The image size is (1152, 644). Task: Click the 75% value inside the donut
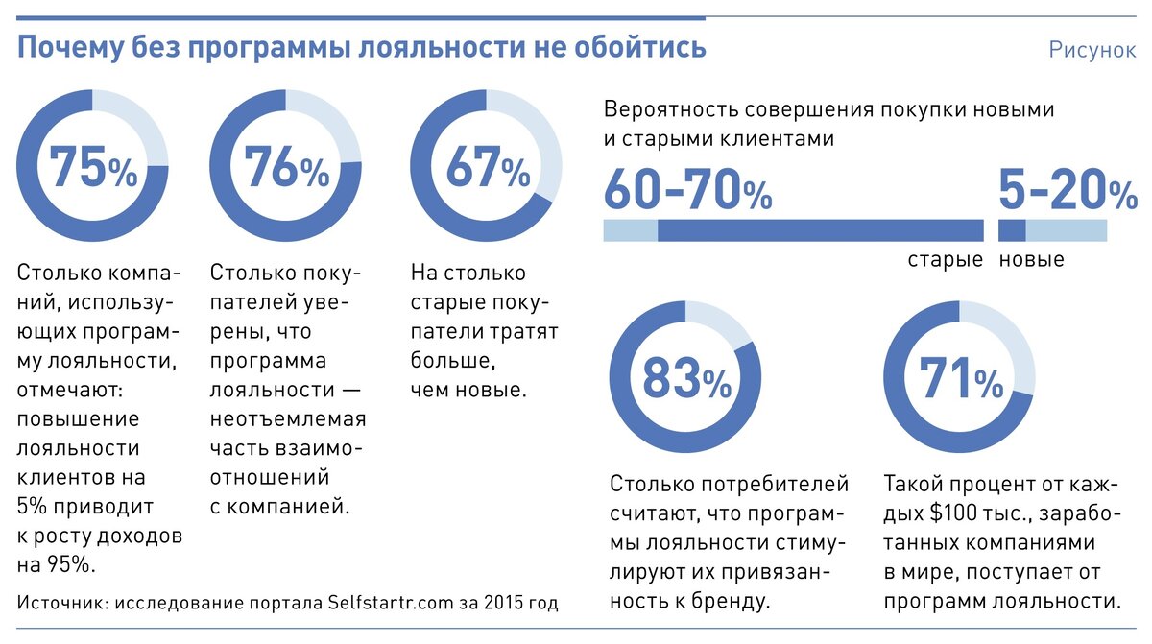(93, 168)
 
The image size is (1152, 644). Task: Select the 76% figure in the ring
(286, 168)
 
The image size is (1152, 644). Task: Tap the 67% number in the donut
(487, 168)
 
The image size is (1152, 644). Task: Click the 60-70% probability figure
(687, 189)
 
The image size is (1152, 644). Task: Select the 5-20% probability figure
(1067, 189)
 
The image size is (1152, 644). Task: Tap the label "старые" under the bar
(946, 260)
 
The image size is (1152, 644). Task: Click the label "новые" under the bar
(1032, 260)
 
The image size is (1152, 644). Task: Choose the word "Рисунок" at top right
(1092, 50)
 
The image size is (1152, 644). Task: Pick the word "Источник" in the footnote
(61, 603)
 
